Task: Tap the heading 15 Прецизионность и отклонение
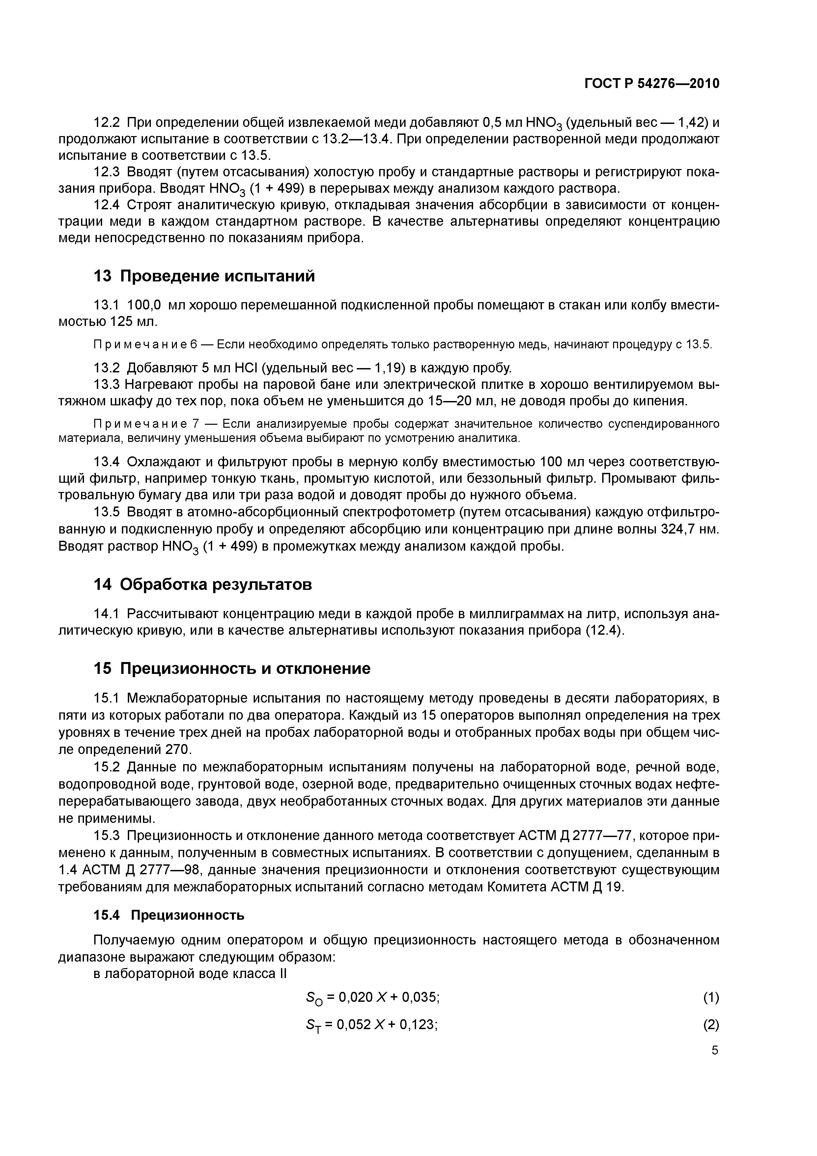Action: coord(232,668)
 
